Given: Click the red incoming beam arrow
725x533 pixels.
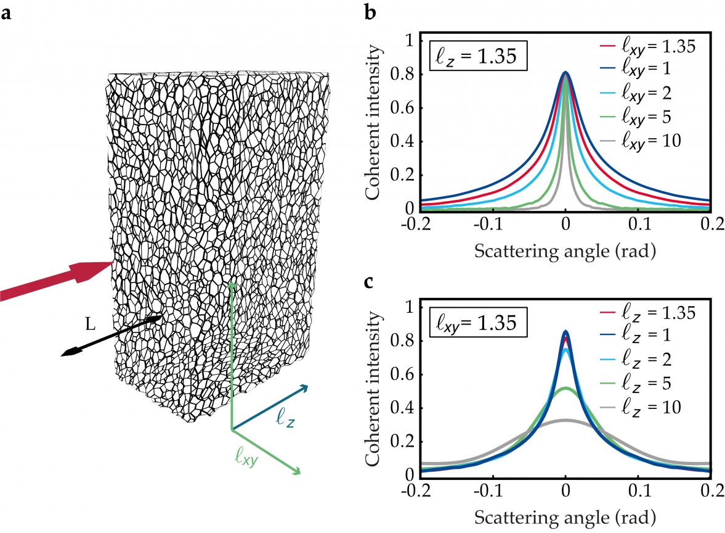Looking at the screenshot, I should coord(55,281).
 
